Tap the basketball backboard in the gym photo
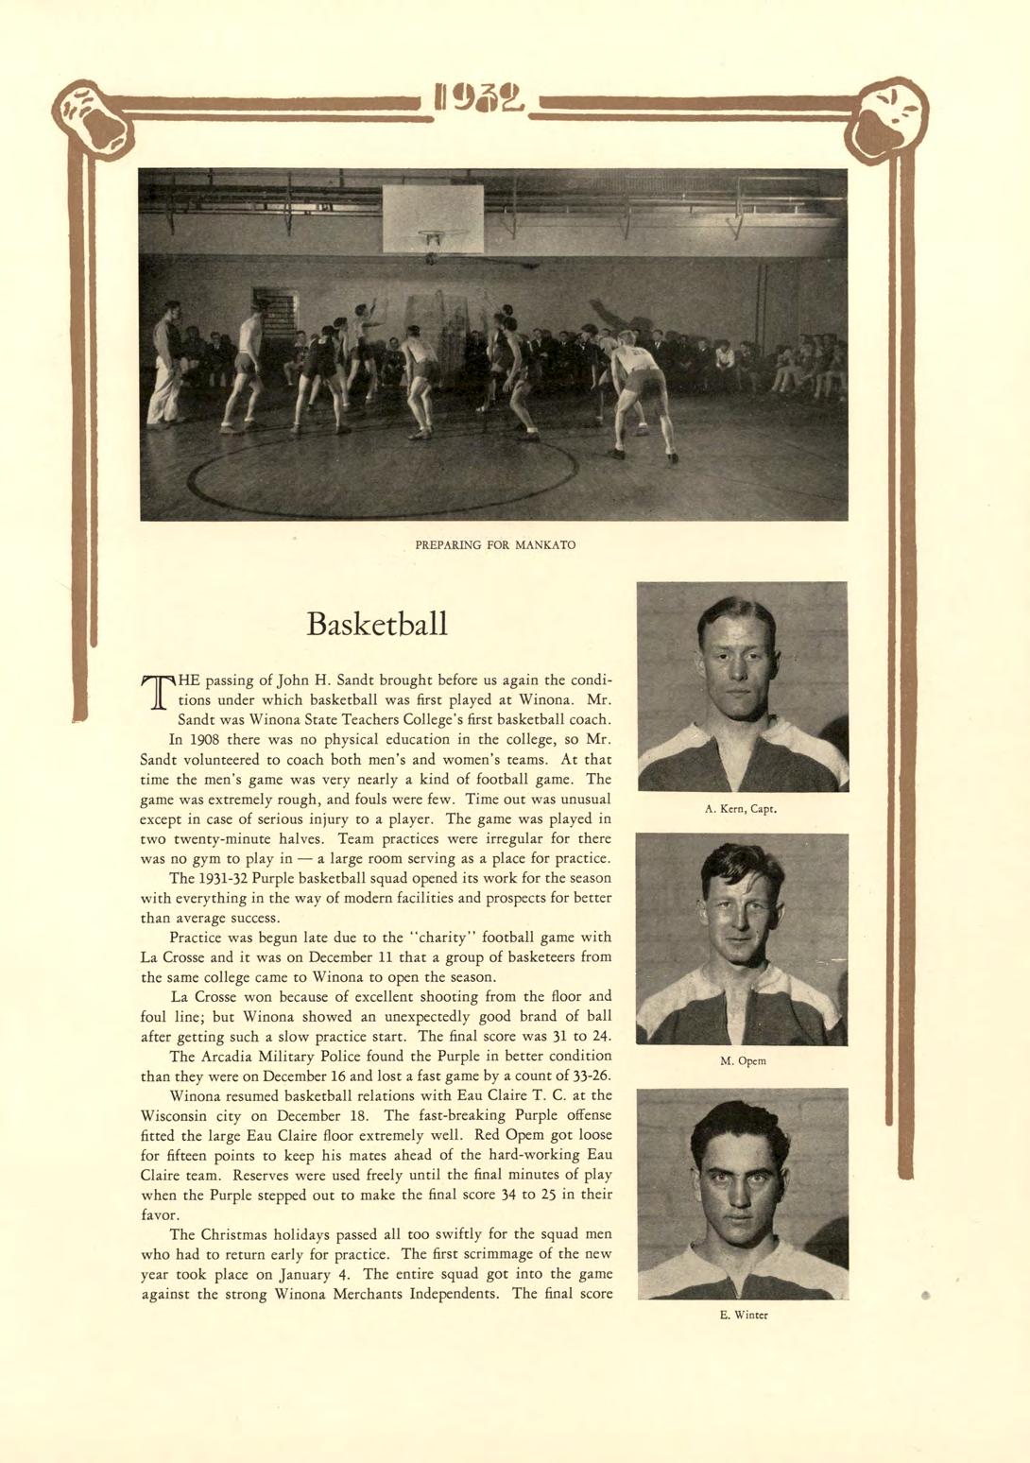[x=433, y=216]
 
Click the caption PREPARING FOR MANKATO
[x=495, y=545]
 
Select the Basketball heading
[x=377, y=625]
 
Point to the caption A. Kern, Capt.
[x=741, y=809]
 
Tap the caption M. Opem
[x=743, y=1060]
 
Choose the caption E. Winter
[x=743, y=1314]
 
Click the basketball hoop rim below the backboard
[x=442, y=233]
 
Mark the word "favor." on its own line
[x=160, y=1214]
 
